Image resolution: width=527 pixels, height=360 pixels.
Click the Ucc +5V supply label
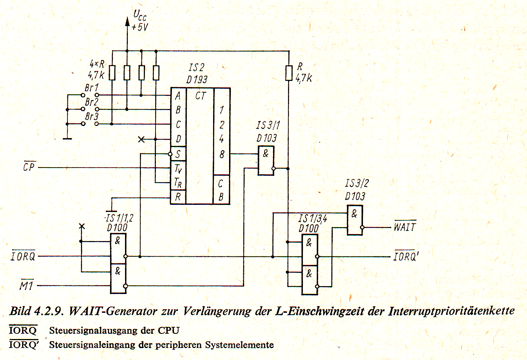(140, 21)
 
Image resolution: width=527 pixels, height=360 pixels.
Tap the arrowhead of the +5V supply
(127, 21)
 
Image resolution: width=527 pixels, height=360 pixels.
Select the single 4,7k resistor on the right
(289, 73)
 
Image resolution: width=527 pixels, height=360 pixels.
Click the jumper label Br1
(92, 88)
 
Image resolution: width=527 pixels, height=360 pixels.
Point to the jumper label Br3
(92, 116)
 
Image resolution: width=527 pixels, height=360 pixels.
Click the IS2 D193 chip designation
(197, 73)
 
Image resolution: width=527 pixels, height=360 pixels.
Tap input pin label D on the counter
(178, 139)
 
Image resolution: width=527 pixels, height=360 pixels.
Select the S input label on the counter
(178, 154)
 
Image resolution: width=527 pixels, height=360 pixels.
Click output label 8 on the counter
(222, 154)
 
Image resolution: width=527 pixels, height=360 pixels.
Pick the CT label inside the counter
(200, 96)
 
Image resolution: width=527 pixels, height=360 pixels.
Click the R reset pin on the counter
(178, 197)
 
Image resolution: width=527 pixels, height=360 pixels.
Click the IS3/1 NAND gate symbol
(266, 160)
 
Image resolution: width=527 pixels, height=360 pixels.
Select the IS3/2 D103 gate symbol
(355, 220)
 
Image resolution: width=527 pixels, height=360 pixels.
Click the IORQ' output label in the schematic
(406, 256)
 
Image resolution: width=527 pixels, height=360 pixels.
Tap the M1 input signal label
(26, 285)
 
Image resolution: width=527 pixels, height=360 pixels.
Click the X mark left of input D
(141, 140)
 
